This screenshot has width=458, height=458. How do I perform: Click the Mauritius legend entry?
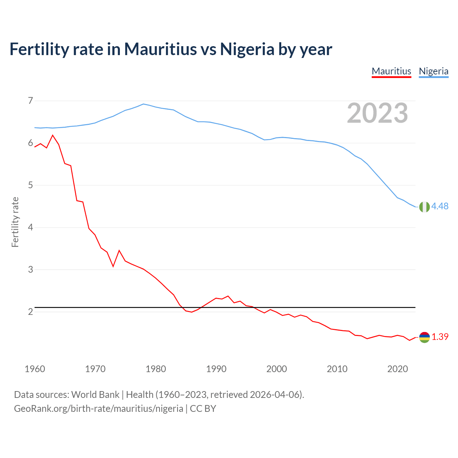[x=391, y=71]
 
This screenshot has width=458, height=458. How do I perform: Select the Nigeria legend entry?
[x=433, y=71]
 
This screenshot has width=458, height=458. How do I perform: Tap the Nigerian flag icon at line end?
[x=424, y=207]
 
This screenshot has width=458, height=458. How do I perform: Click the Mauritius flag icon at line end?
[x=424, y=337]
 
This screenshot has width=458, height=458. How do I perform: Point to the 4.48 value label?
[x=440, y=206]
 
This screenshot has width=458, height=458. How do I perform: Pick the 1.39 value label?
[x=440, y=337]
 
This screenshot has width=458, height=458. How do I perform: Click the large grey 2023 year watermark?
[x=377, y=113]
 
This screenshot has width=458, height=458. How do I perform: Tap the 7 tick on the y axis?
[x=30, y=101]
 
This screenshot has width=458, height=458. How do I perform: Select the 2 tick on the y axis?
[x=30, y=312]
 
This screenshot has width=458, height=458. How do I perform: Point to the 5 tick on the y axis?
[x=30, y=185]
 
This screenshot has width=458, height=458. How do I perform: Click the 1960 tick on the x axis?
[x=35, y=369]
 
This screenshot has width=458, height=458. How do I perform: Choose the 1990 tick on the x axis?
[x=216, y=369]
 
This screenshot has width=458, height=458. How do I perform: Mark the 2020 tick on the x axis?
[x=398, y=369]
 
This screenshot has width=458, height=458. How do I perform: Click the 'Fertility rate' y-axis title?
[x=15, y=222]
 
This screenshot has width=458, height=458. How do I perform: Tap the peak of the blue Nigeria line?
[x=143, y=104]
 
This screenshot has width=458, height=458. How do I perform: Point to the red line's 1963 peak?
[x=53, y=135]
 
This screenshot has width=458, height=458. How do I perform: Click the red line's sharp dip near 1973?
[x=113, y=266]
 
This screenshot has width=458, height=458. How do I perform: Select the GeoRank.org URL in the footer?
[x=98, y=408]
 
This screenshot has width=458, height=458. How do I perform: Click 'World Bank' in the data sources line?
[x=95, y=394]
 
